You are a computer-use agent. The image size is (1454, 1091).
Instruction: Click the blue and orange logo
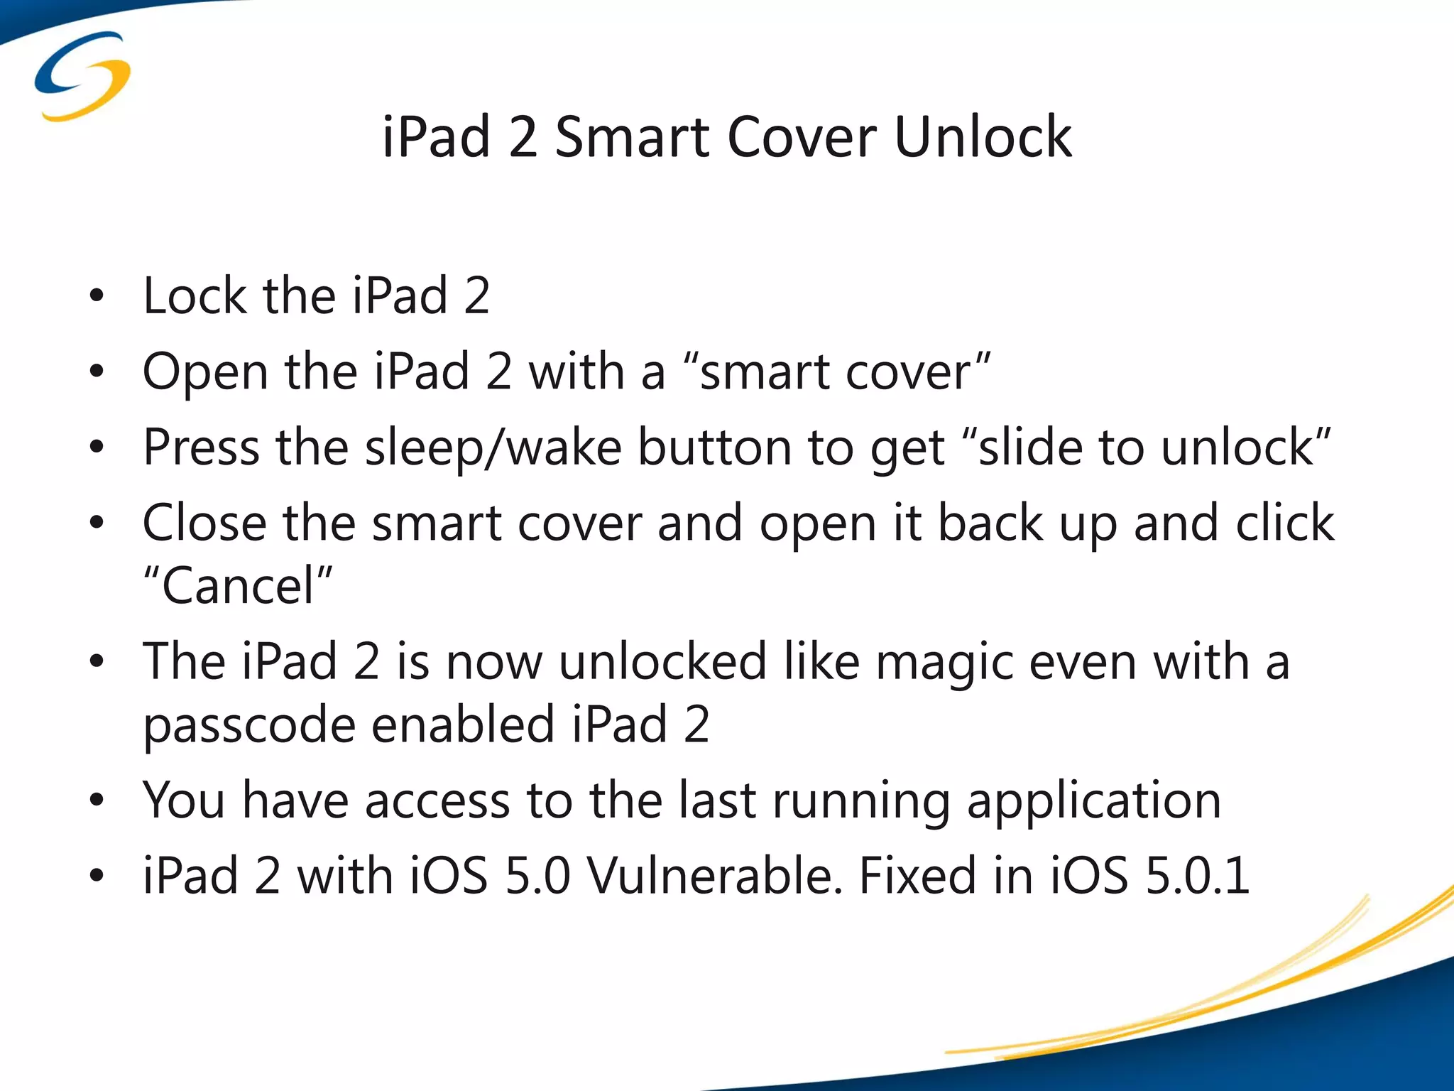(x=82, y=75)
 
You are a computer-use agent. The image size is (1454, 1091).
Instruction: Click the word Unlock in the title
(x=983, y=136)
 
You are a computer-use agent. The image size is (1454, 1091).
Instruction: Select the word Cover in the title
(x=802, y=136)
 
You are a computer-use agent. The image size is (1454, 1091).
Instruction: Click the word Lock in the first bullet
(x=195, y=295)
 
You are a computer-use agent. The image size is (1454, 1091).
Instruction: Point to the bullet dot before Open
(x=97, y=371)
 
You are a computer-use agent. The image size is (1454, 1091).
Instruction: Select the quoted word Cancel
(x=238, y=586)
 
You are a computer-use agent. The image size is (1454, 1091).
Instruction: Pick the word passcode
(x=248, y=726)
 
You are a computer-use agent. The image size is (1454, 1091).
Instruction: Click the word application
(x=1094, y=801)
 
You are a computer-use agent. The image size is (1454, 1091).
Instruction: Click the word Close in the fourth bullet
(x=204, y=523)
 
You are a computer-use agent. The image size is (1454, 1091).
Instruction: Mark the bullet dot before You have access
(x=97, y=800)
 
